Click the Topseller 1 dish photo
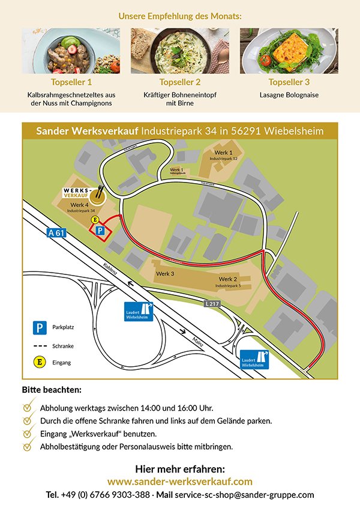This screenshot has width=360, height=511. (71, 50)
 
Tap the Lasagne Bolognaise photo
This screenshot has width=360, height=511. (289, 50)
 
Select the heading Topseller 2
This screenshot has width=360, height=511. (180, 82)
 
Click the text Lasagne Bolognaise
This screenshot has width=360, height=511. (289, 95)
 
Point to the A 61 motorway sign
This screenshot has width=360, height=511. (55, 234)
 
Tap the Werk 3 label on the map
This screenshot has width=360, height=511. (165, 274)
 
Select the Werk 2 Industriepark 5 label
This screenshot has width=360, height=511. (228, 282)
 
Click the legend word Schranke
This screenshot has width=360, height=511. (63, 346)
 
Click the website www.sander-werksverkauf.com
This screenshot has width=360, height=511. (180, 482)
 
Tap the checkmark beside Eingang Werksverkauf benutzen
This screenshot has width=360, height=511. (28, 433)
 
